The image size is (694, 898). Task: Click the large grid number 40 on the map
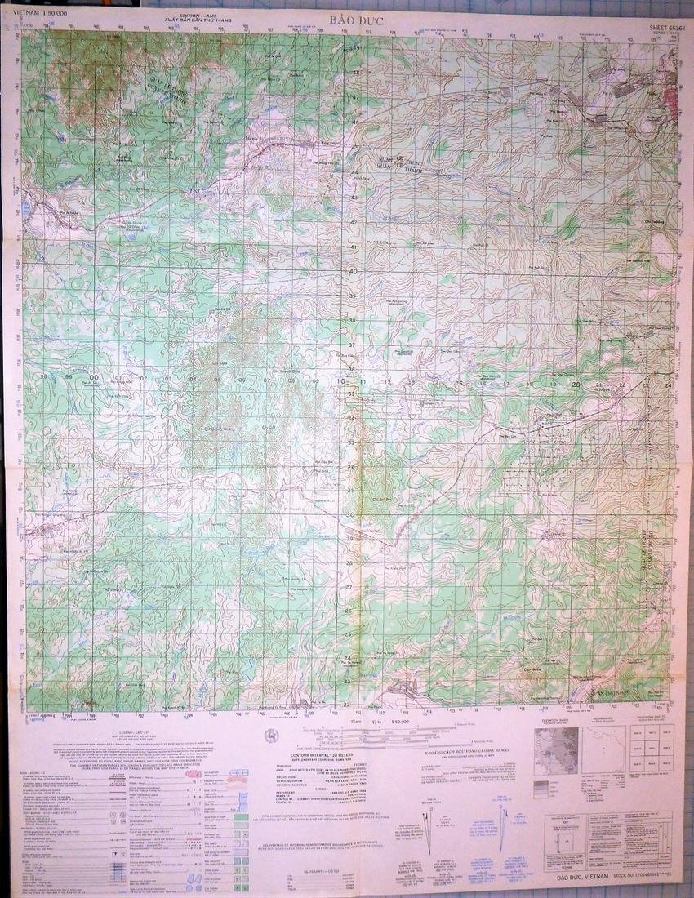(354, 271)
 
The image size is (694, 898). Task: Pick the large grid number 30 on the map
(349, 514)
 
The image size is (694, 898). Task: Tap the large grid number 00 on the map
(95, 377)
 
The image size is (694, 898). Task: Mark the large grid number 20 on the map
(576, 383)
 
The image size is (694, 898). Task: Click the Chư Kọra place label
(219, 360)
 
